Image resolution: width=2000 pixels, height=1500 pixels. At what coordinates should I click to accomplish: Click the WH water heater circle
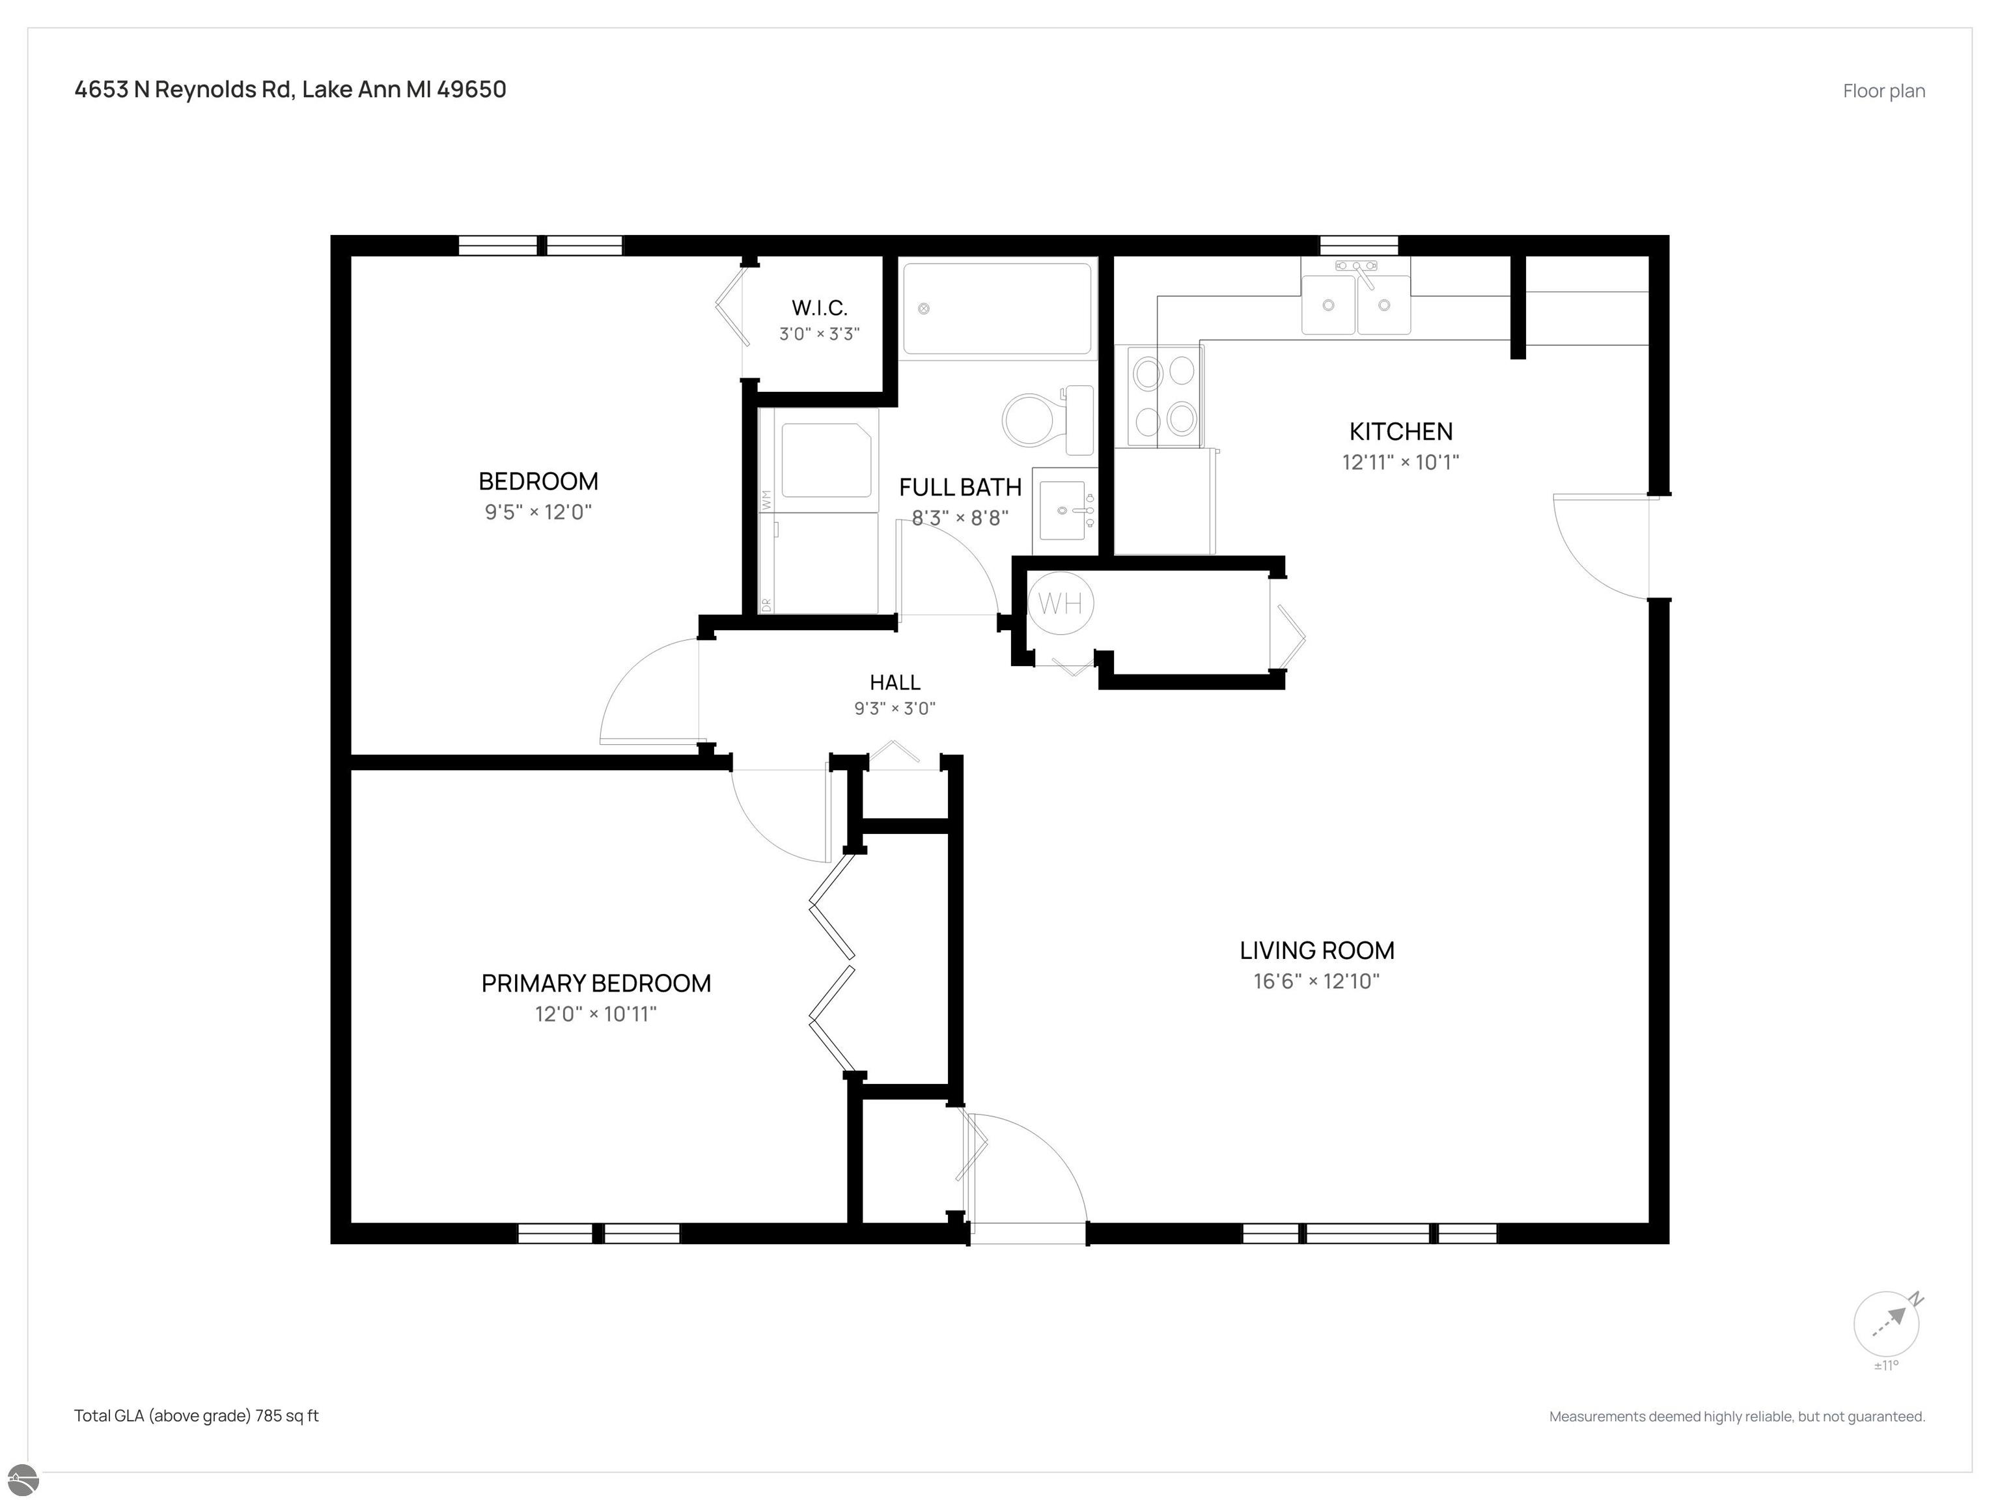[x=1061, y=603]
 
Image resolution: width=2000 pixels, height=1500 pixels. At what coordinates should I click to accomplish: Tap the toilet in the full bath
[x=1048, y=419]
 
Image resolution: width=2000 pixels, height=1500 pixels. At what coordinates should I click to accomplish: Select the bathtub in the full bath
[x=997, y=309]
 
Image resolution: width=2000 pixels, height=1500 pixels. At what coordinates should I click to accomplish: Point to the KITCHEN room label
[x=1400, y=431]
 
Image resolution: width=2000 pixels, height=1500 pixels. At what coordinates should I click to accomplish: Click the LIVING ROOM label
[x=1316, y=951]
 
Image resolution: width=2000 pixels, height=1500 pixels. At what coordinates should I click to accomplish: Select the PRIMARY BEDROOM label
[x=596, y=983]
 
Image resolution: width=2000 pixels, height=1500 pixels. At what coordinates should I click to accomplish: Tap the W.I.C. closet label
[x=819, y=307]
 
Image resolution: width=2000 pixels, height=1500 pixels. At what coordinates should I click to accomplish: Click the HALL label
[x=895, y=683]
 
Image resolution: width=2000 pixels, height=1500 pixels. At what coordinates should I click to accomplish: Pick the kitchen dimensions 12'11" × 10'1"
[x=1400, y=462]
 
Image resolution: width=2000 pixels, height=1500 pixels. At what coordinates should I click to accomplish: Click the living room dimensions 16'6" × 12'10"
[x=1316, y=981]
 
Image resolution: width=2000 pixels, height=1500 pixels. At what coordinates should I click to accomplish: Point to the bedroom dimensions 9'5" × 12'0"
[x=538, y=512]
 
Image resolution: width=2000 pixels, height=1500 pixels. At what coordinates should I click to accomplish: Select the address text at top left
[x=290, y=89]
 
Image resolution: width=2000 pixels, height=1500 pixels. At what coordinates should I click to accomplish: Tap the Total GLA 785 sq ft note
[x=196, y=1416]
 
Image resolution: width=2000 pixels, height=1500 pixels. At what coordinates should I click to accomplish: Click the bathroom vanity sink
[x=1064, y=511]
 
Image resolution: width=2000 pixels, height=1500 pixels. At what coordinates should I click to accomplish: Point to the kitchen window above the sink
[x=1359, y=245]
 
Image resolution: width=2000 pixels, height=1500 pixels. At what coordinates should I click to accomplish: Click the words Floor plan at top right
[x=1884, y=91]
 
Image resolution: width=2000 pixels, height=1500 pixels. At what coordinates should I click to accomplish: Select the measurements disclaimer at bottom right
[x=1737, y=1417]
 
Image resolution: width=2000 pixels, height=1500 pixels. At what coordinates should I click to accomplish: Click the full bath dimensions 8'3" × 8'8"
[x=960, y=518]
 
